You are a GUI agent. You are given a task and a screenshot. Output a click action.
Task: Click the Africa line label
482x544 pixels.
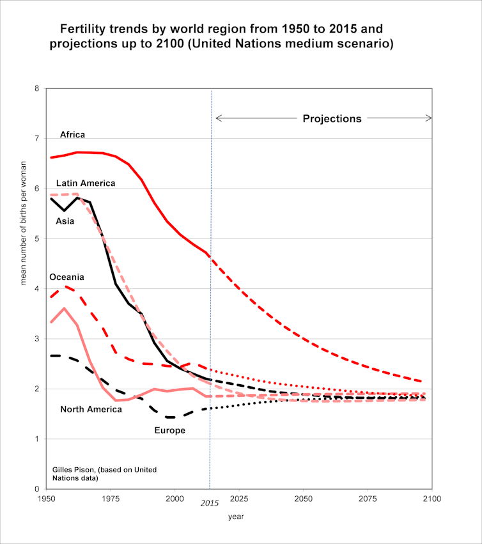click(x=72, y=135)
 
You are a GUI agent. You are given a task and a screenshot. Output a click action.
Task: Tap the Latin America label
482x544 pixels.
click(x=86, y=183)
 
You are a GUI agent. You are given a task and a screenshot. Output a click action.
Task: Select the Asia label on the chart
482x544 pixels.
click(x=65, y=222)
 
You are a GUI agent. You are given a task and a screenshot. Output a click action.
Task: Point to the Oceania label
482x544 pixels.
click(x=67, y=278)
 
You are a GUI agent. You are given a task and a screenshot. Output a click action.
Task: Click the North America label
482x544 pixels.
click(x=91, y=409)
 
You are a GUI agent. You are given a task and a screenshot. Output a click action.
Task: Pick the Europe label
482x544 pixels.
click(x=169, y=430)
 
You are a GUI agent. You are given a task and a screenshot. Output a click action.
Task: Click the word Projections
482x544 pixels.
click(x=332, y=118)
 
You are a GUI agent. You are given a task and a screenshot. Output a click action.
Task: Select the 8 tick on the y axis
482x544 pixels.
click(x=36, y=88)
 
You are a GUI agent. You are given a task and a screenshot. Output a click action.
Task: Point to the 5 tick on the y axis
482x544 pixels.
click(x=36, y=239)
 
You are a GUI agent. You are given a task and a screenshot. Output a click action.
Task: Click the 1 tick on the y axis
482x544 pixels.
click(x=36, y=439)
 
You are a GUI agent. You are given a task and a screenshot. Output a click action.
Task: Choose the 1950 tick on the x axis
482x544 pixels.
click(x=46, y=498)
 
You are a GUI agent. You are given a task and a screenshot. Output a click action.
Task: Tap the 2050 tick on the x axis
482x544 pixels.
click(x=303, y=498)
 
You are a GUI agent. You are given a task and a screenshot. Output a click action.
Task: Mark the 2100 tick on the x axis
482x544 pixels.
click(x=431, y=498)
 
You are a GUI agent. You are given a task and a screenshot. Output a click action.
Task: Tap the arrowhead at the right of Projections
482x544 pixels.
click(x=429, y=118)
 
